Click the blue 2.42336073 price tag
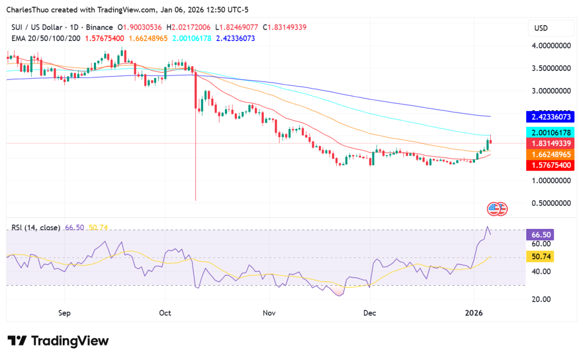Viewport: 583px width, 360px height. coord(550,117)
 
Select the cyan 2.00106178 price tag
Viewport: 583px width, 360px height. coord(550,133)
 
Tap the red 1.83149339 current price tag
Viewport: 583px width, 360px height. coord(550,144)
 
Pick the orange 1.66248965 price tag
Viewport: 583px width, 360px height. coord(550,155)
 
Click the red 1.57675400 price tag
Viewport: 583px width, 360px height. coord(550,165)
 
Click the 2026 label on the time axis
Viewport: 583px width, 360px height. coord(474,314)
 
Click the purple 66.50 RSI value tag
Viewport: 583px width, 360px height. coord(541,235)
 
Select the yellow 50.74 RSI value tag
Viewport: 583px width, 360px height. coord(541,257)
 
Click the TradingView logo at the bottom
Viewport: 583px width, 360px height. coord(58,341)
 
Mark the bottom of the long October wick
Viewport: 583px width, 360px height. coord(195,200)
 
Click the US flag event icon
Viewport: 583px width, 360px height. coord(495,209)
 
